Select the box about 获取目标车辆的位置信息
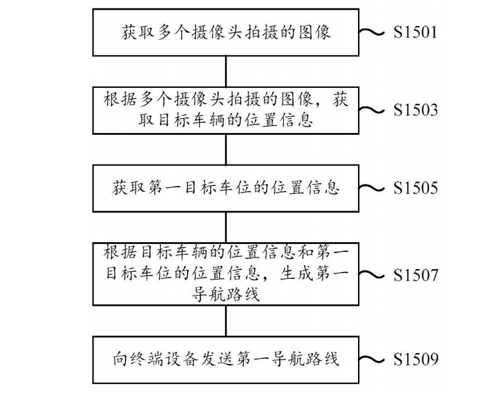click(225, 110)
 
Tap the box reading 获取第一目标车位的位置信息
click(225, 188)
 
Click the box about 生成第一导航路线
click(225, 274)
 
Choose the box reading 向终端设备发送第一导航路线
click(225, 359)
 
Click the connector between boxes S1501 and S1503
click(225, 71)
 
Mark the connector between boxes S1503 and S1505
click(225, 150)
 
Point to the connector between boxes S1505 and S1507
click(225, 227)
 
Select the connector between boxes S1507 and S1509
click(225, 320)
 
